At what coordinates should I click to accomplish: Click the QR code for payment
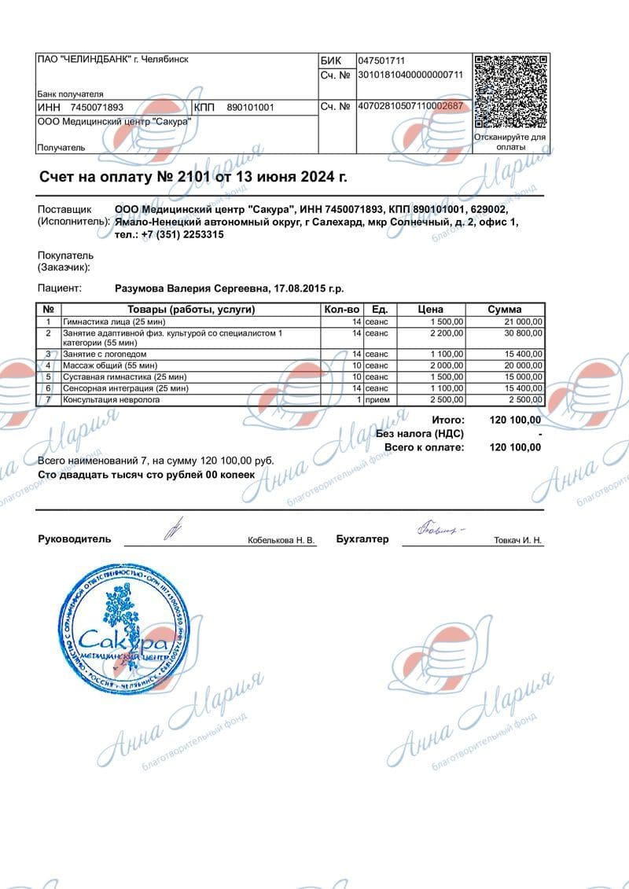coord(511,91)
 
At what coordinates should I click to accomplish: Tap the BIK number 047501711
coord(381,61)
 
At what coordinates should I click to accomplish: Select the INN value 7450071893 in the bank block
coord(97,107)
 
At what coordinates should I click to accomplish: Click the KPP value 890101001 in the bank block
coord(250,107)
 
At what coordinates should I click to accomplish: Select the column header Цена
coord(430,309)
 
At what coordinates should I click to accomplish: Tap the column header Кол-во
coord(342,309)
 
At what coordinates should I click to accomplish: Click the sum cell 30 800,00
coord(522,333)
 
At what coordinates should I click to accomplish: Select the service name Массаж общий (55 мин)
coord(110,366)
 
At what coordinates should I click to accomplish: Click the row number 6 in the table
coord(48,388)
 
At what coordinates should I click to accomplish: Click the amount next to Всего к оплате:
coord(515,447)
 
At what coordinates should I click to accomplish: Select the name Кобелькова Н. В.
coord(281,541)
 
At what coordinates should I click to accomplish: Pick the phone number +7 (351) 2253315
coord(182,234)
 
